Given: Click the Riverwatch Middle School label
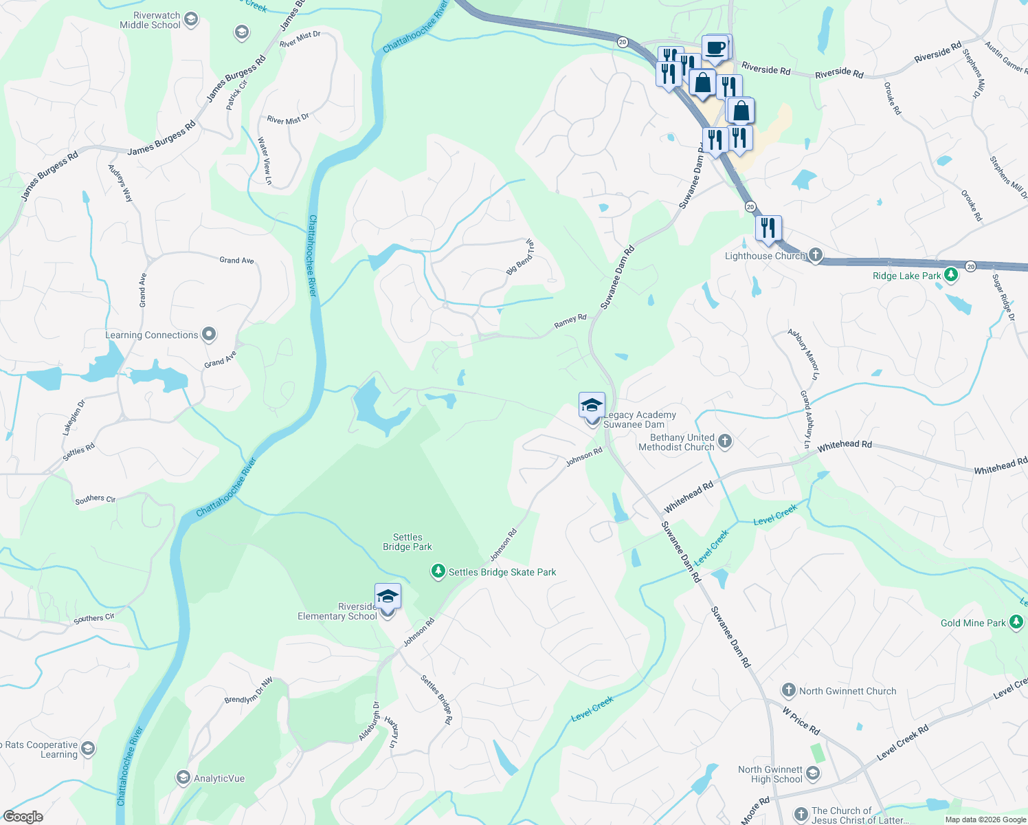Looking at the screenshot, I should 150,21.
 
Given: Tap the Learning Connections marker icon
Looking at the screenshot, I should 209,335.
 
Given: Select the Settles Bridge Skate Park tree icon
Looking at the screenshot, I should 438,571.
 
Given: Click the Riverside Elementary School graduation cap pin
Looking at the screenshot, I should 388,596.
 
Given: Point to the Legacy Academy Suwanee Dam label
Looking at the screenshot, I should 639,419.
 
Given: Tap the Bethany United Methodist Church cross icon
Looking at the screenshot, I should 725,441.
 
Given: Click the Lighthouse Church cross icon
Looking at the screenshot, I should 815,255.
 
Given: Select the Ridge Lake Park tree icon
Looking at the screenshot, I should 951,275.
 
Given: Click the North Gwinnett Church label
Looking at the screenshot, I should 847,691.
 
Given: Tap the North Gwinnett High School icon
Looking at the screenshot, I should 813,774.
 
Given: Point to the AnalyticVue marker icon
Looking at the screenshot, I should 183,778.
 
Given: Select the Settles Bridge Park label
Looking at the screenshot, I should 407,542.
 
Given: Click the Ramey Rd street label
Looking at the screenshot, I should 570,320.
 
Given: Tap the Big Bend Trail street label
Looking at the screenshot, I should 520,257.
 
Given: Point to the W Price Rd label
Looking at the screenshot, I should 801,719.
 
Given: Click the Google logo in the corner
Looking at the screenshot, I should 23,817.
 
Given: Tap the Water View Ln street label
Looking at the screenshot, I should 265,161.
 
